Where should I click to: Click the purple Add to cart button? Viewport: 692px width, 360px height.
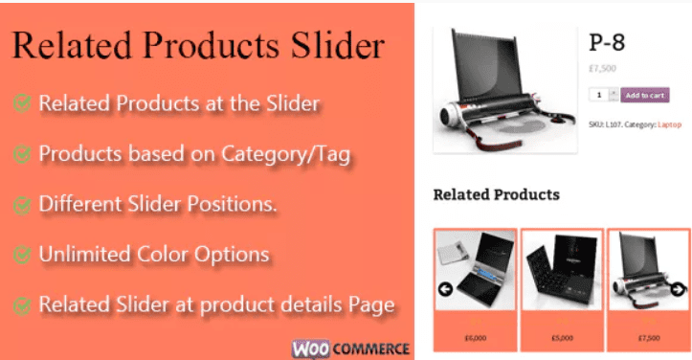point(643,96)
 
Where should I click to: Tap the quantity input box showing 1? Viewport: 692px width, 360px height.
point(601,96)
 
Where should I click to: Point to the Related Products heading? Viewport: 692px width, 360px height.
point(496,194)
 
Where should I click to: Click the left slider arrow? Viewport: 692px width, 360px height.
point(445,288)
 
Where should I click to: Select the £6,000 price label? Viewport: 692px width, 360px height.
point(476,338)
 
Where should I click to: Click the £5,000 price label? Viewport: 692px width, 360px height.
point(562,338)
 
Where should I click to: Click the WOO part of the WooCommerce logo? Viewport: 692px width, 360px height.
point(312,348)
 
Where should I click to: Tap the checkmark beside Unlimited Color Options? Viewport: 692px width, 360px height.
point(21,255)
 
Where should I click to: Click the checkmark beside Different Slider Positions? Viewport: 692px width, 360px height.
point(21,204)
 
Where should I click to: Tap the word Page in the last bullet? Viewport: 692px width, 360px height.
point(368,305)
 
